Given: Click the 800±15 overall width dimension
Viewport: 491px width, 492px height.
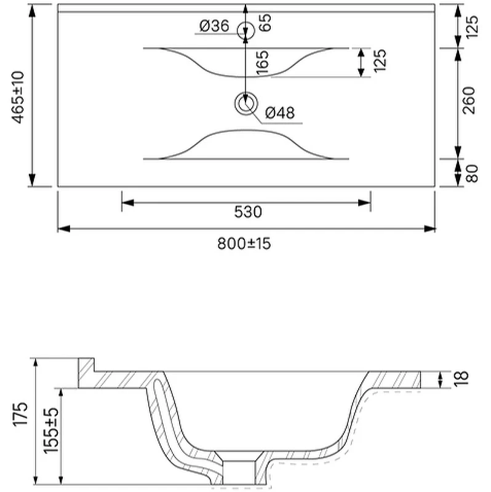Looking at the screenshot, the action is (244, 244).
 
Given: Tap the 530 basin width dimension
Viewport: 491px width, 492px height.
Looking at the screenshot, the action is (248, 212).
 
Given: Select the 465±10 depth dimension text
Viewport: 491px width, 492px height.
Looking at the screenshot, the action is (18, 97).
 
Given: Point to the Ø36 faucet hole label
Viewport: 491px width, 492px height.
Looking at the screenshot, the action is (214, 26).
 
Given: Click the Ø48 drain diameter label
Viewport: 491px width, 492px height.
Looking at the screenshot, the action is (280, 113).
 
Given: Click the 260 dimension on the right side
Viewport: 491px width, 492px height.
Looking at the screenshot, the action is (469, 100).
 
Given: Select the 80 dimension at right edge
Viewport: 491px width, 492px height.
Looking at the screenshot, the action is (471, 173).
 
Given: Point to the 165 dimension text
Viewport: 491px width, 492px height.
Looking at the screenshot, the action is (263, 63).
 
